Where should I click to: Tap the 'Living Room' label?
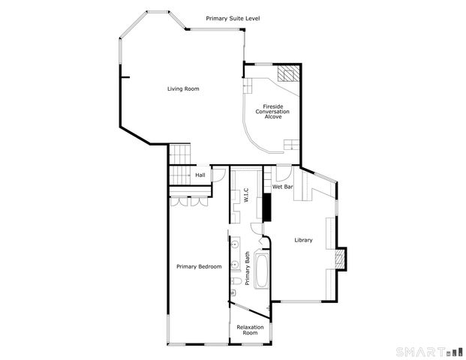coord(183,89)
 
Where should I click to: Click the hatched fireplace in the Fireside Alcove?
coord(287,73)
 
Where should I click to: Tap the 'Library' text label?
coord(303,240)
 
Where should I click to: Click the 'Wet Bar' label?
coord(282,186)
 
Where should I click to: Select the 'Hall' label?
coord(200,175)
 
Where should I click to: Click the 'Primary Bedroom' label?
coord(199,266)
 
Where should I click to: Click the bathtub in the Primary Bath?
coord(262,271)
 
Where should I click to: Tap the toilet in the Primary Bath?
coord(235,281)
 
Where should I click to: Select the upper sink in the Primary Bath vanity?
coord(234,246)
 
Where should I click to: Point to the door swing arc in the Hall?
coord(218,175)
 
